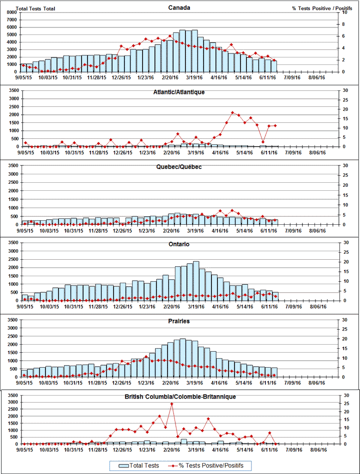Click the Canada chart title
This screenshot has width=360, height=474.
[179, 7]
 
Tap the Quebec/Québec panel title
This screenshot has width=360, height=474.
[179, 167]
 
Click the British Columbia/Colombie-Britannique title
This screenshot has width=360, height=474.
[179, 397]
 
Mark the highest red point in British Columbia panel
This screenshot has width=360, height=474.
[171, 403]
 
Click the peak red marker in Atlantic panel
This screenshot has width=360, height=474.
[232, 113]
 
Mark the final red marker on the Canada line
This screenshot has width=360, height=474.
[273, 60]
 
